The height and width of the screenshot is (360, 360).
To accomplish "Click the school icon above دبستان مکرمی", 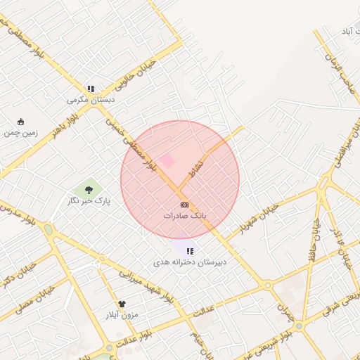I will click(91, 89).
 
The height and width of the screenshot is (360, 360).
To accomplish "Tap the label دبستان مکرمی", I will click(91, 100).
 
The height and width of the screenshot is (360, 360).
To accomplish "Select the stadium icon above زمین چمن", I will click(20, 122).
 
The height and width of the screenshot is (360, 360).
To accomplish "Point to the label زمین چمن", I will click(20, 132).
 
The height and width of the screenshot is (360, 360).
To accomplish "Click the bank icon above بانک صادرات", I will click(184, 205).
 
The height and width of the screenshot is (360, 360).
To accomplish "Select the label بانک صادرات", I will click(184, 216).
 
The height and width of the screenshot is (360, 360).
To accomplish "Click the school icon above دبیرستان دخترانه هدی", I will click(190, 251).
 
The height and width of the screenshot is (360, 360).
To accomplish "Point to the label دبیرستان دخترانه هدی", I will click(190, 262).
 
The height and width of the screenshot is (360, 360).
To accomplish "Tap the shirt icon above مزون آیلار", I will click(122, 304).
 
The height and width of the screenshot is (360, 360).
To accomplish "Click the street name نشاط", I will click(198, 167).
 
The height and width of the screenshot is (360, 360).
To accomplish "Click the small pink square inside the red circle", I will click(167, 162).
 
